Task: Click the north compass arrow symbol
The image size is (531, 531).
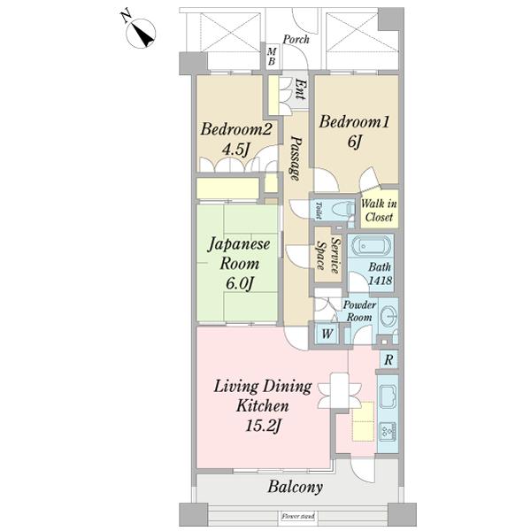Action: point(142,34)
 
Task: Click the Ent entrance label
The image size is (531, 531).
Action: point(300,88)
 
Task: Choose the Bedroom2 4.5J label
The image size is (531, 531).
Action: point(229,139)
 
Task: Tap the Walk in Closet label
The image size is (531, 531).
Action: point(380,208)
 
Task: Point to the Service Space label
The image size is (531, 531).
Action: point(328,256)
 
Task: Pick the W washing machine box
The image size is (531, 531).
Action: point(327,334)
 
